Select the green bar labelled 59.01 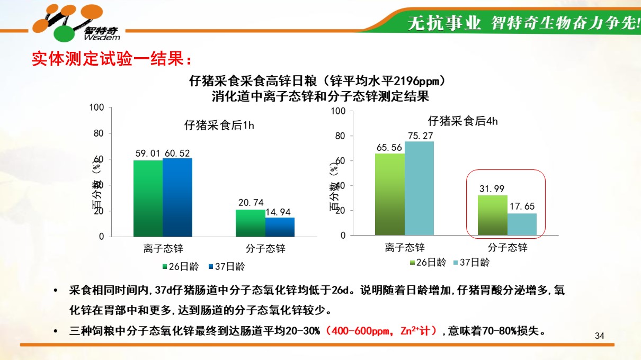tap(148, 198)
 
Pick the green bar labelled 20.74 tap(250, 223)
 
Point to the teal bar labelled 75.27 tap(419, 188)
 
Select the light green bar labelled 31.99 tap(493, 215)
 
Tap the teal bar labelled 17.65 tap(522, 224)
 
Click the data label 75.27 tap(421, 136)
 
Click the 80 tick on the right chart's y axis tap(340, 136)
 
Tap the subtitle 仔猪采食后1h tap(219, 125)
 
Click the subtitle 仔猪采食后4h tap(462, 121)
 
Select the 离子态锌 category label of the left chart tap(163, 248)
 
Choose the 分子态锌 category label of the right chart tap(507, 247)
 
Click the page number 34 tap(600, 336)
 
